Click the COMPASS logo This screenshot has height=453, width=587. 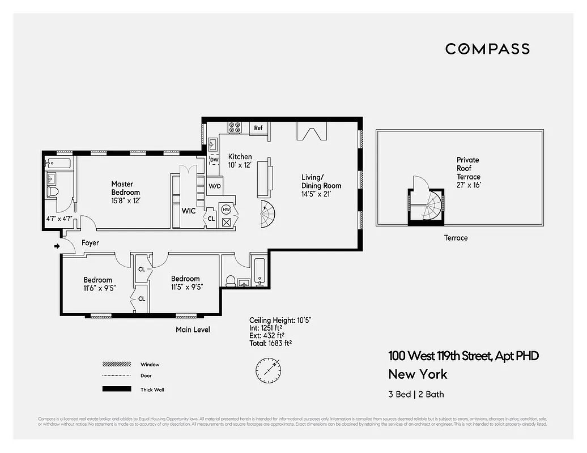tap(487, 49)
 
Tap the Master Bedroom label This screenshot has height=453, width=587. tap(125, 188)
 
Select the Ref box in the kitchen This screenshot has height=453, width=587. tap(258, 128)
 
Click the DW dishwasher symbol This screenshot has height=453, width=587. tap(214, 160)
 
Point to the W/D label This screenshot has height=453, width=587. tap(215, 186)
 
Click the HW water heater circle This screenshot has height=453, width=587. tap(227, 210)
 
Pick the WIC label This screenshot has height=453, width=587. tap(189, 211)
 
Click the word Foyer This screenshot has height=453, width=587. tap(90, 243)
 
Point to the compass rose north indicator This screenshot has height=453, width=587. tap(268, 370)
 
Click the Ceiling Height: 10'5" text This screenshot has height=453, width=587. tap(280, 320)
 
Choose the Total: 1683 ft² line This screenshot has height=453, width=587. tap(270, 343)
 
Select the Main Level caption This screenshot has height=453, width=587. tap(193, 330)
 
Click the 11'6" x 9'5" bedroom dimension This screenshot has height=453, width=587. tap(98, 287)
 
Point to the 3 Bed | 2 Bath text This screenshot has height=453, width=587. tap(412, 394)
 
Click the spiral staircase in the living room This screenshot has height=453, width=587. tap(268, 214)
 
